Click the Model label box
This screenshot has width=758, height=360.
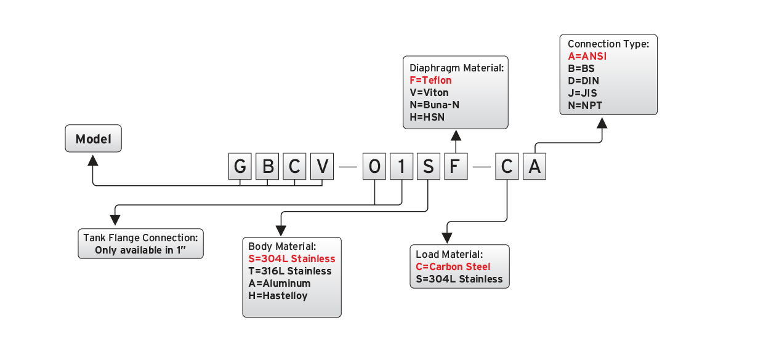(94, 139)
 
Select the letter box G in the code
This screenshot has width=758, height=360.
(240, 167)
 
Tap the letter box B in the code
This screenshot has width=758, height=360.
(267, 167)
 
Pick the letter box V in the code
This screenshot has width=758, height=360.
(321, 167)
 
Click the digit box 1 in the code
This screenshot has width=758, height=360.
(401, 167)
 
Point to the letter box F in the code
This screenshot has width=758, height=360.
(456, 167)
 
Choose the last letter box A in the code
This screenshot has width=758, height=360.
(534, 167)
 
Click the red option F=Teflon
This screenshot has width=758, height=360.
(430, 81)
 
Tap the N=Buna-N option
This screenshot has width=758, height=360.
(434, 105)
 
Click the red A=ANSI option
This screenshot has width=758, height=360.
(587, 56)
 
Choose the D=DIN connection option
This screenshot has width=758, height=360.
(583, 81)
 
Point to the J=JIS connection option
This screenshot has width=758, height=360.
(582, 93)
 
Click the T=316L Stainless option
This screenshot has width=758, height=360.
(290, 271)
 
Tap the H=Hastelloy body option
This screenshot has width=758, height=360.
(278, 296)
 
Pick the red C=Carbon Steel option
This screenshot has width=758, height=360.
(453, 267)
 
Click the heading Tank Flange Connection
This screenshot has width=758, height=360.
(140, 238)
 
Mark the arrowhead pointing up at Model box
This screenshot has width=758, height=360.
(93, 160)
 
